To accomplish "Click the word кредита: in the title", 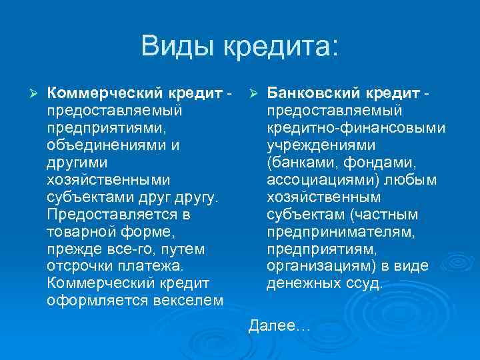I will click(x=281, y=47).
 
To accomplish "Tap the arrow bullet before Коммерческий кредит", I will click(x=31, y=91).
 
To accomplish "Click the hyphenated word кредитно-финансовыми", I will click(x=356, y=127).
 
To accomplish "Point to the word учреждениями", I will click(x=320, y=144).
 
